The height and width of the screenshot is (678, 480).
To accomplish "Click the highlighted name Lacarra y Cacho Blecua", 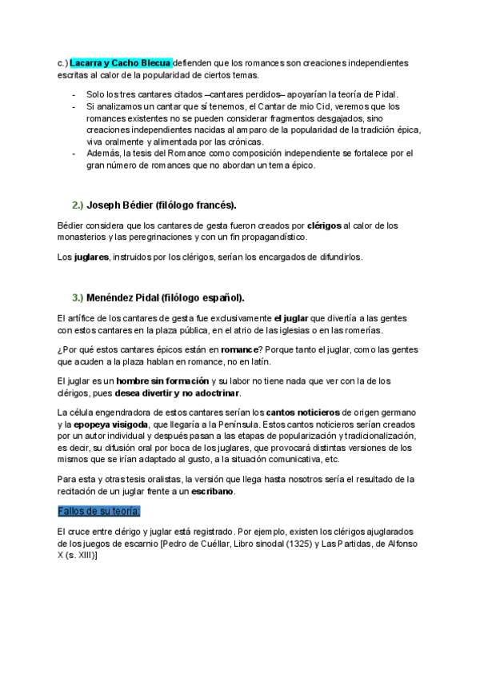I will (x=114, y=62).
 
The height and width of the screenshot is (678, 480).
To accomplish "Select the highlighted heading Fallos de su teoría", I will (x=99, y=511).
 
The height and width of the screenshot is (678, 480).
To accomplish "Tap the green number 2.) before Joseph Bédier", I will (x=78, y=205).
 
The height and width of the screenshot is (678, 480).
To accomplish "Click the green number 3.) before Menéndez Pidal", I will (x=78, y=297).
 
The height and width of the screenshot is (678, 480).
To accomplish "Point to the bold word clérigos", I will (x=324, y=226).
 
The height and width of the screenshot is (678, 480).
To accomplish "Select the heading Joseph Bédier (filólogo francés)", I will (x=162, y=205).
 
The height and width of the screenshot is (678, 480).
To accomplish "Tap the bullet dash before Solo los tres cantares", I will (x=74, y=94).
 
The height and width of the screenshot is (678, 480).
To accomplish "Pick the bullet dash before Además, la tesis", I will (x=74, y=153).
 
